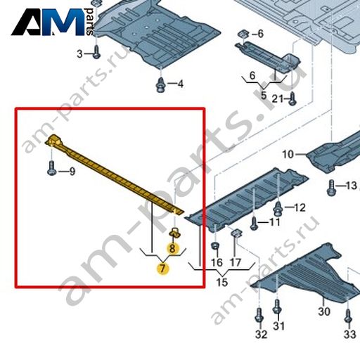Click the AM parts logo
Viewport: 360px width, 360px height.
(x=53, y=22)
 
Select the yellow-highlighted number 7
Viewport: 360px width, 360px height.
(x=162, y=269)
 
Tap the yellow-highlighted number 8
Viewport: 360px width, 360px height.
(x=172, y=248)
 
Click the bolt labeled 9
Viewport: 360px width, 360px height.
(x=51, y=168)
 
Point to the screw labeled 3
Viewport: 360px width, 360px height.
(x=96, y=52)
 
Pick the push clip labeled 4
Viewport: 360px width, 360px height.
(x=160, y=85)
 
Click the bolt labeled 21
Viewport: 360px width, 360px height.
(x=292, y=98)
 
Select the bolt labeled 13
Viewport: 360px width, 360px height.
(x=331, y=188)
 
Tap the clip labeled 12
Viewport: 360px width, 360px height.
(x=278, y=208)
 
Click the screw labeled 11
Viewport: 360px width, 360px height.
(x=254, y=224)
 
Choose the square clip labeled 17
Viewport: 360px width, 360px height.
(x=237, y=233)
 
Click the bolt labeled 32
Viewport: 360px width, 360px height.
(x=259, y=315)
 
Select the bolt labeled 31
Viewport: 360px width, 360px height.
(x=277, y=307)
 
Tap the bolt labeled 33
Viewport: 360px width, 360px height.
(x=348, y=316)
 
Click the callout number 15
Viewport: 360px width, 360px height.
(x=222, y=282)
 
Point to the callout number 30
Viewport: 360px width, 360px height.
(x=324, y=311)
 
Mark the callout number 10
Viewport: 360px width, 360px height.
(x=288, y=155)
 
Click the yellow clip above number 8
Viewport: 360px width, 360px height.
(x=174, y=232)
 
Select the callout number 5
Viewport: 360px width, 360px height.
(x=264, y=96)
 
